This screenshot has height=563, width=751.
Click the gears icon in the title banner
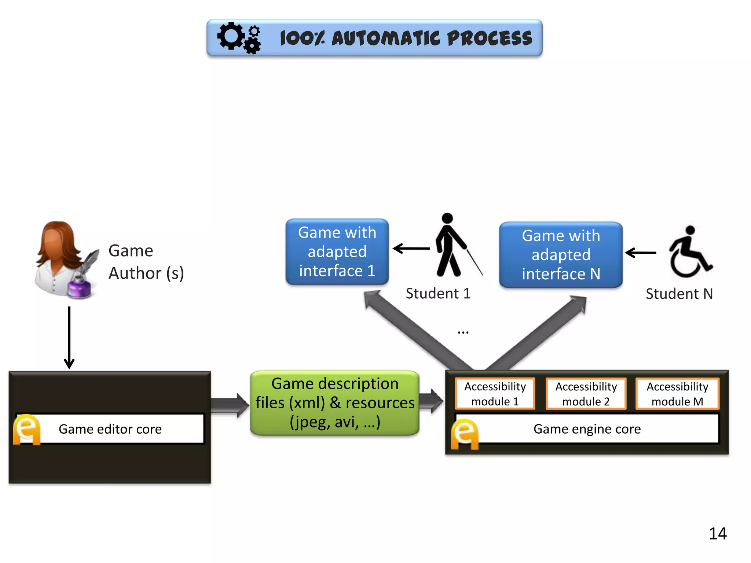(239, 38)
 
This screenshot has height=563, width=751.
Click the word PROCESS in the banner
(490, 38)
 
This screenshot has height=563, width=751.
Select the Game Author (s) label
(146, 262)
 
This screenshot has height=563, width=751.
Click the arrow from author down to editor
(69, 337)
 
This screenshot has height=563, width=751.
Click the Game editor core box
(110, 429)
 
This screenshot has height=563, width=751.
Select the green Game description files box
(335, 403)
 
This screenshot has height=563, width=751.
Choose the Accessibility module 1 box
(495, 394)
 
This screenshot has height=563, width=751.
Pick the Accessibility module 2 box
(586, 394)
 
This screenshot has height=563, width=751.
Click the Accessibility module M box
(677, 394)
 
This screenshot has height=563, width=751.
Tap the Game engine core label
(587, 429)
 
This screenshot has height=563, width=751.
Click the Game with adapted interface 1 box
(337, 251)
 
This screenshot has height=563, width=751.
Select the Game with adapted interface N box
(561, 254)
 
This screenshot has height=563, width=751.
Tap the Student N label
(679, 294)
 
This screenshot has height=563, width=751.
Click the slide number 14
(717, 533)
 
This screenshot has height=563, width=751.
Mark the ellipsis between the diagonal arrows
(463, 332)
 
